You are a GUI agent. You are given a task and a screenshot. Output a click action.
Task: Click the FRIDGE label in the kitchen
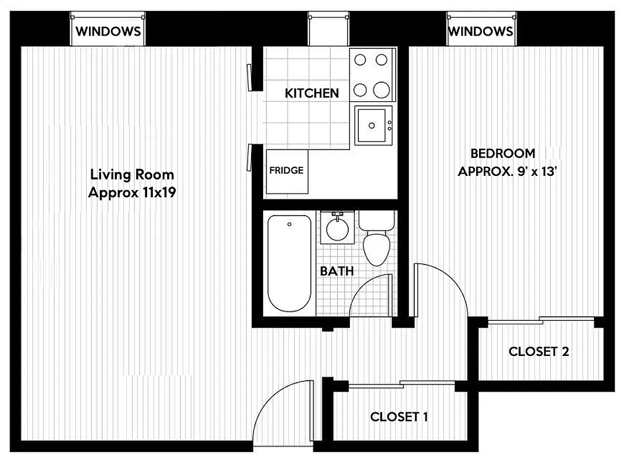(287, 171)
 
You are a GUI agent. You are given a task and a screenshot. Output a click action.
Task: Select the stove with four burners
(372, 75)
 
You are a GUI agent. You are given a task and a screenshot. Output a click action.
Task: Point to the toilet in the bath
(376, 241)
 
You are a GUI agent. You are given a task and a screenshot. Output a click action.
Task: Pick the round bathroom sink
(337, 228)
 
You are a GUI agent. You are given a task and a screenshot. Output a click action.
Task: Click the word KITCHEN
(312, 93)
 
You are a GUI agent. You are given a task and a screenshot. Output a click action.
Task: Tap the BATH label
(337, 271)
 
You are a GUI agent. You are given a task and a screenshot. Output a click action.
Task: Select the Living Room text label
(132, 175)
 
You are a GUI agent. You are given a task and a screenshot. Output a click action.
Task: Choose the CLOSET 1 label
(399, 417)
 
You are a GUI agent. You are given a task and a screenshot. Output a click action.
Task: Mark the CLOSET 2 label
(539, 351)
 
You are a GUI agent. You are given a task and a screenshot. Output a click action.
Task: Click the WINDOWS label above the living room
(108, 31)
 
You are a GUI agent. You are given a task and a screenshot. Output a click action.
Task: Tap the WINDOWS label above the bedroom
(480, 31)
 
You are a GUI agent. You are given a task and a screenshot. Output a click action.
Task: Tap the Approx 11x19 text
(132, 193)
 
